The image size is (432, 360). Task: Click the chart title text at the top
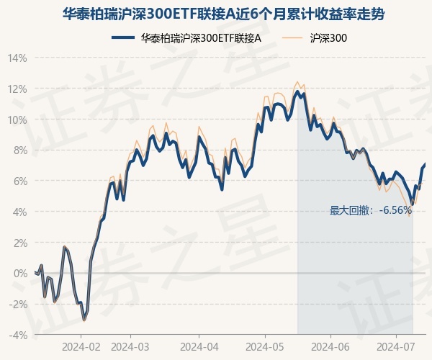pos(216,13)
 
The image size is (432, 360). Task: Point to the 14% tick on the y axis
pos(17,58)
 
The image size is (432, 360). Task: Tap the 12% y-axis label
pos(17,89)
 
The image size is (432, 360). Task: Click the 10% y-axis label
pos(17,120)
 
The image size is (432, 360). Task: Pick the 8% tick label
pos(19,150)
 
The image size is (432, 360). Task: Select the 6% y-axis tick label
pos(19,181)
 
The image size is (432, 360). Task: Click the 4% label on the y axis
pos(19,212)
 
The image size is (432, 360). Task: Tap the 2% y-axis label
pos(19,243)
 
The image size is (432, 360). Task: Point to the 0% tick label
pos(19,273)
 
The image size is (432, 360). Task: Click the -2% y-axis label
pos(18,304)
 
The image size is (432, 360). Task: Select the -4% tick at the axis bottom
pos(18,335)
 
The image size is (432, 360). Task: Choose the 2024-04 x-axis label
pos(198,347)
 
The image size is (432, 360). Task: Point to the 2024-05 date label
pos(264,347)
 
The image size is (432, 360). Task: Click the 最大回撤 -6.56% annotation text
pos(371,210)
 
